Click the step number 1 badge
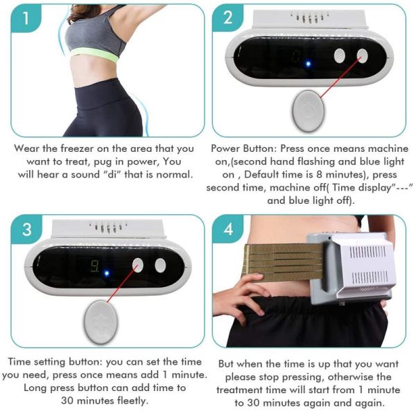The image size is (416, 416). click(x=26, y=19)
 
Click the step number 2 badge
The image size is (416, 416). click(x=229, y=19)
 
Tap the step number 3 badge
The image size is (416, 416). click(x=26, y=229)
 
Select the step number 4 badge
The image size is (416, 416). click(x=229, y=229)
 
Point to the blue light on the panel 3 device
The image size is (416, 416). click(x=106, y=272)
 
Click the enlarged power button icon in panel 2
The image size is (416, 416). click(x=305, y=110)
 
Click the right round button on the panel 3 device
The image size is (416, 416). click(x=162, y=264)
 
